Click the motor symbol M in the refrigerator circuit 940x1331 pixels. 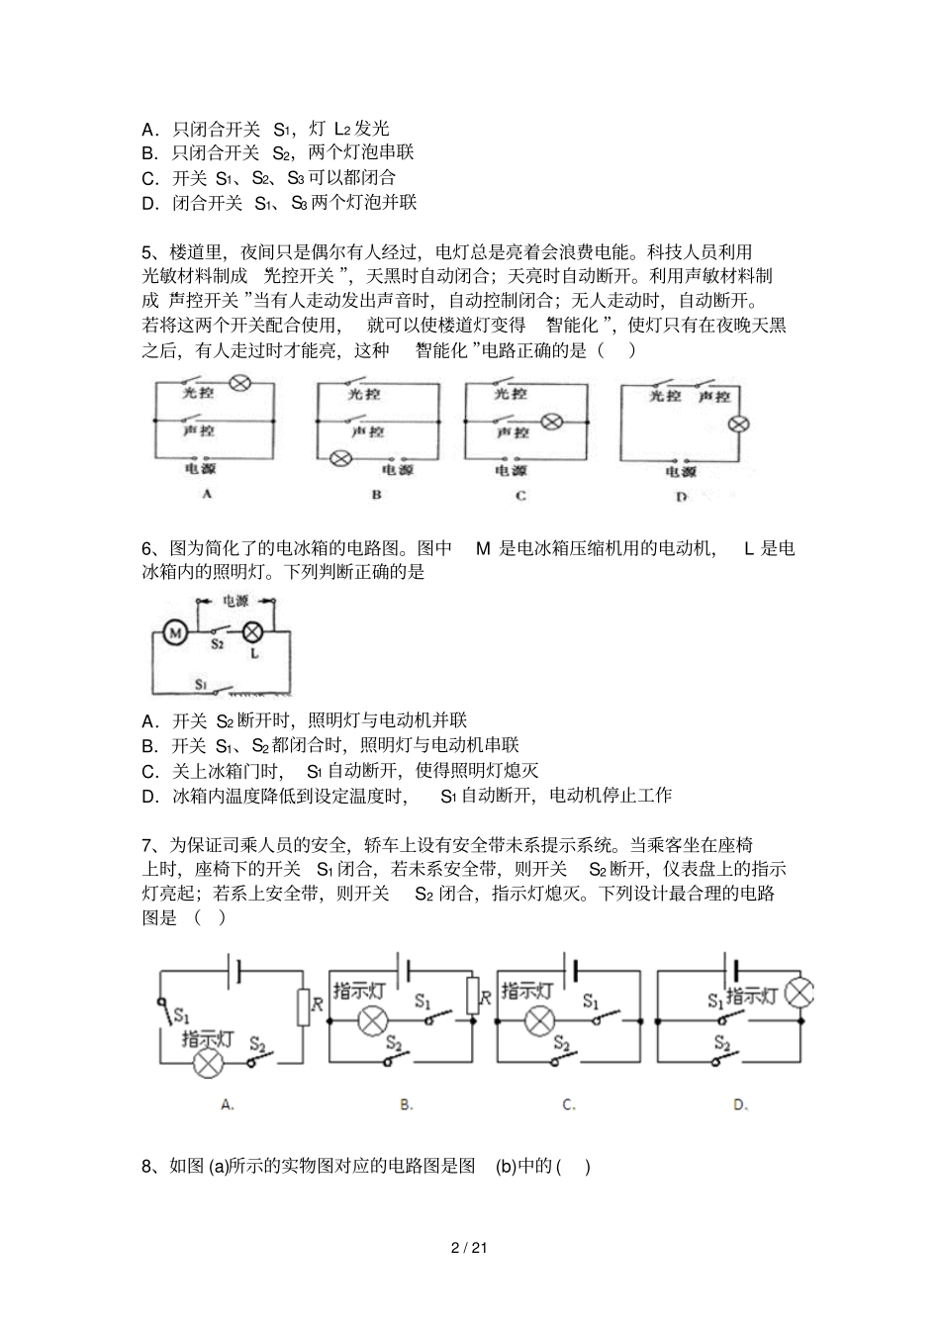174,632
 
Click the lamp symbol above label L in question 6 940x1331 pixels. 252,631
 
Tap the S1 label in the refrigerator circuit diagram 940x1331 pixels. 201,684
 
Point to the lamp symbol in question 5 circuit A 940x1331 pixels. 239,385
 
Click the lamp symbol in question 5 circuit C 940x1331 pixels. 552,422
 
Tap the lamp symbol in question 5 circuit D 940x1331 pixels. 738,425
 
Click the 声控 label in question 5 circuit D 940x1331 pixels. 713,397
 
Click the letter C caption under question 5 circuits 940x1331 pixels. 520,495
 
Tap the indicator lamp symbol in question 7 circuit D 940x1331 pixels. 799,994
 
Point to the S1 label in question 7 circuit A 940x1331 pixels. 182,1014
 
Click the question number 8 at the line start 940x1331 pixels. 147,1167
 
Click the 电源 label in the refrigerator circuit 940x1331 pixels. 235,601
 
